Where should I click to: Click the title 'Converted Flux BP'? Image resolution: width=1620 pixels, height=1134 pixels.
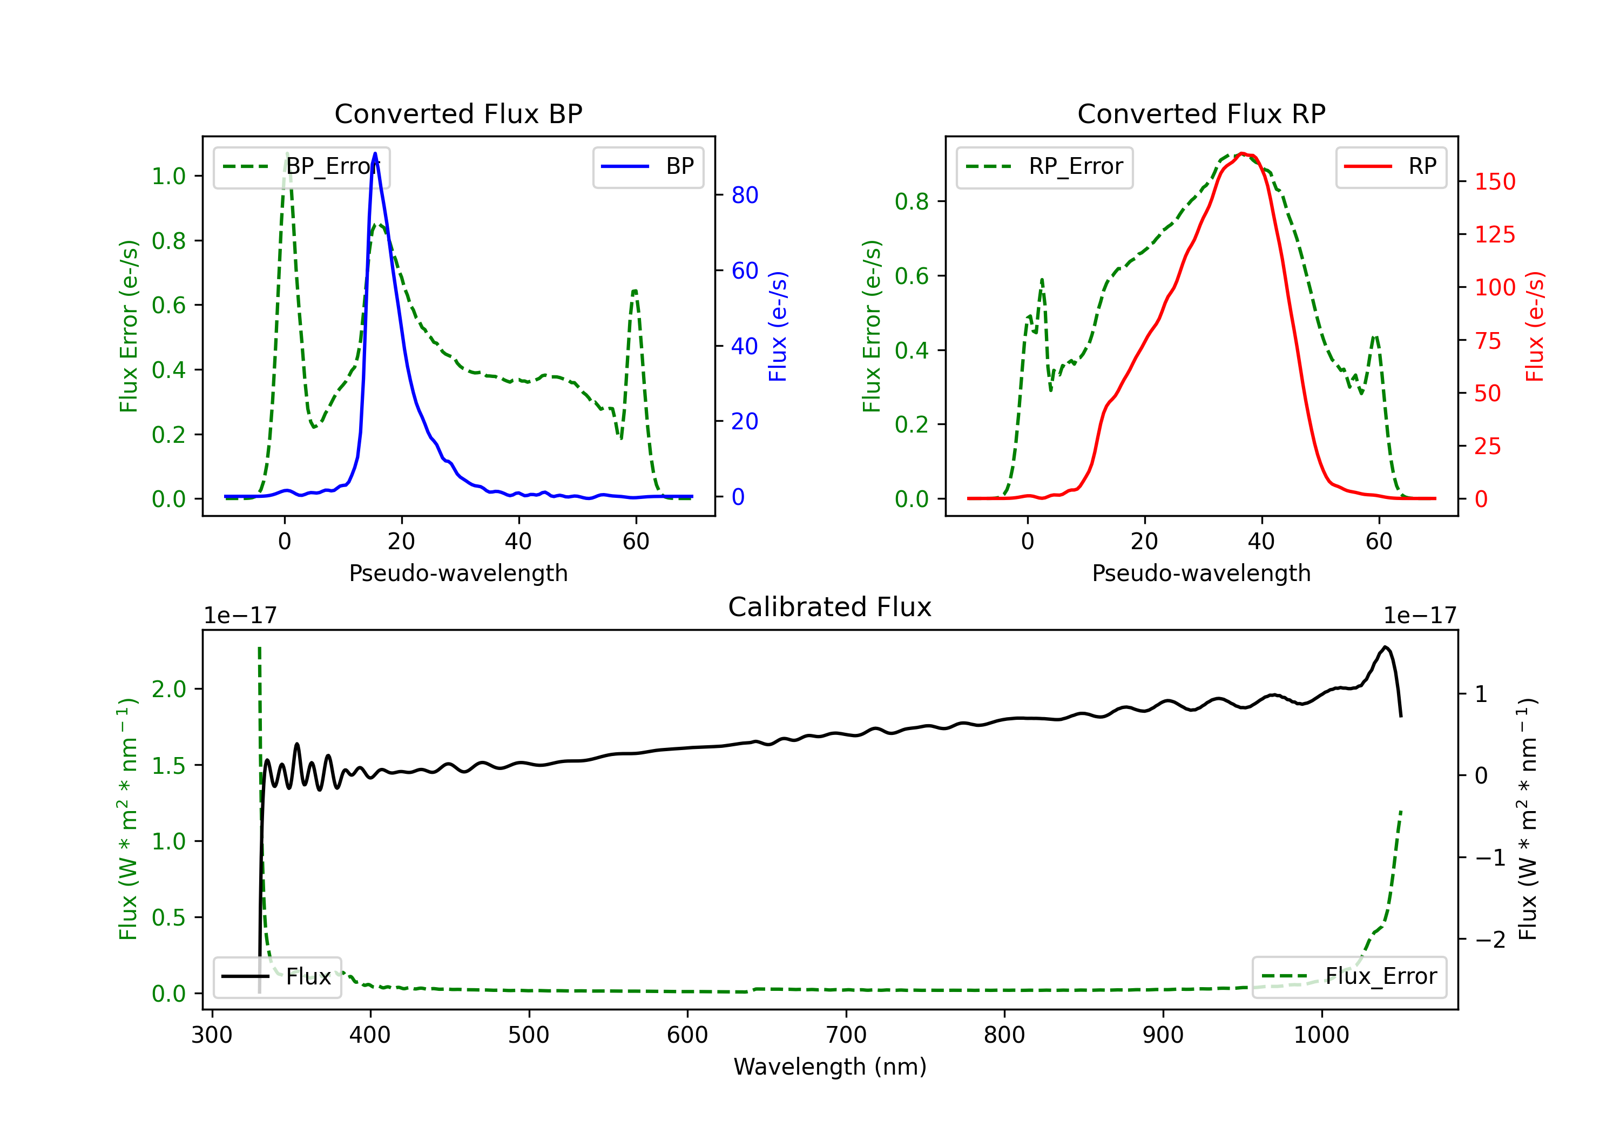click(x=458, y=113)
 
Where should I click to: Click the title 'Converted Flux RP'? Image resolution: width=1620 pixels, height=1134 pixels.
click(x=1201, y=113)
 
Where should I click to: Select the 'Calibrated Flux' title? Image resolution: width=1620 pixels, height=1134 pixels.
click(x=830, y=607)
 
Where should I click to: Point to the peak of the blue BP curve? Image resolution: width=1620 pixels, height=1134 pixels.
click(x=375, y=153)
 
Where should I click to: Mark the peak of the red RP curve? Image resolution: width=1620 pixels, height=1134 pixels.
click(x=1243, y=153)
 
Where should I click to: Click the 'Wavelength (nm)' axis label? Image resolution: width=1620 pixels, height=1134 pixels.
click(x=830, y=1066)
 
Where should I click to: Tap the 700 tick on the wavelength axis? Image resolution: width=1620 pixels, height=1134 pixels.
click(x=846, y=1035)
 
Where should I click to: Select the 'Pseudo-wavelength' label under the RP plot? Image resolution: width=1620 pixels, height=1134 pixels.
click(x=1201, y=573)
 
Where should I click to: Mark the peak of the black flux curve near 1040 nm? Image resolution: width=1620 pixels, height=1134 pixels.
click(x=1386, y=647)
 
